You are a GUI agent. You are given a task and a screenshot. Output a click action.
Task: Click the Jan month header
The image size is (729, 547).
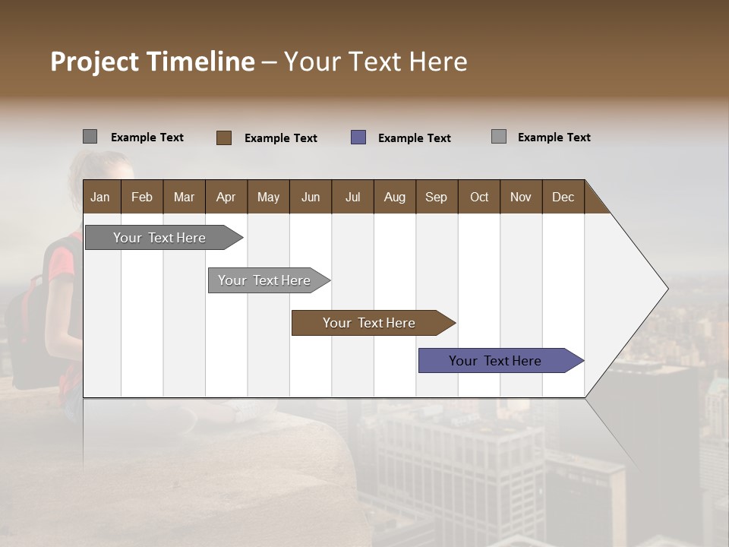(100, 197)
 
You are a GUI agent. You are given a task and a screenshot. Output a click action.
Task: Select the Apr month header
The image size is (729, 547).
(226, 197)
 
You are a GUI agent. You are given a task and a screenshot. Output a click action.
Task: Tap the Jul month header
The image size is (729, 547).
(352, 197)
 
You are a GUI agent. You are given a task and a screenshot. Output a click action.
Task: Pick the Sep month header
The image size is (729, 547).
(436, 197)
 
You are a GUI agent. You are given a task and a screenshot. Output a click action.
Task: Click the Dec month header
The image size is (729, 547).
(563, 197)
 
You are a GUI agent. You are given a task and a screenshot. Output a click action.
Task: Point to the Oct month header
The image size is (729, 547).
(479, 197)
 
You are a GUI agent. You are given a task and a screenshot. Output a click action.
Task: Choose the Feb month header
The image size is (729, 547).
(142, 197)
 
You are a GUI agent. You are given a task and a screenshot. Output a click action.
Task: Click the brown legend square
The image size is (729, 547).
(223, 138)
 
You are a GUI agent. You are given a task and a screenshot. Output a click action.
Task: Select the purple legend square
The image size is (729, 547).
(358, 138)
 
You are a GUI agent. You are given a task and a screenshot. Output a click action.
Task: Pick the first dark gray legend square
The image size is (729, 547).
(90, 137)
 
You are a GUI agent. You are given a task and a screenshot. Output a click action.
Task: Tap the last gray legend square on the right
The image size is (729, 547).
(498, 137)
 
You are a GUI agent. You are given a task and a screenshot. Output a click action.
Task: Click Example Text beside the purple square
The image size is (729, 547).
(414, 138)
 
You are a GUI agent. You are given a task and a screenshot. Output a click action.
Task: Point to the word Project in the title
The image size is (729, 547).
(93, 62)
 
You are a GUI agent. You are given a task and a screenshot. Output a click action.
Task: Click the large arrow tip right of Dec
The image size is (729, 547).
(638, 289)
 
